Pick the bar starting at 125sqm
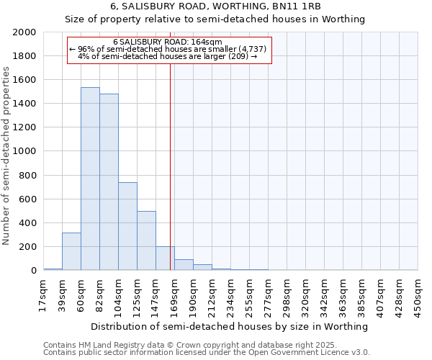click(146, 240)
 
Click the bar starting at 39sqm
click(71, 251)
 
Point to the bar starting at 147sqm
click(165, 258)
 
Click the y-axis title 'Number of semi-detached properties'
click(7, 155)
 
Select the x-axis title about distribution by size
click(230, 326)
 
